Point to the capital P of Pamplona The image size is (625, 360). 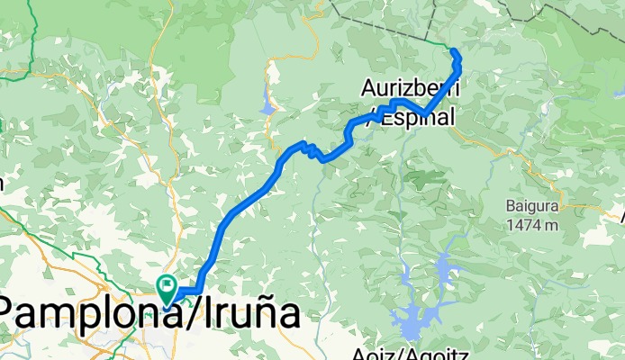(x=14, y=315)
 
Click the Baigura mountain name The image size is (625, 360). (x=532, y=206)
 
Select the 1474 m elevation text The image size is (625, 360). (x=532, y=224)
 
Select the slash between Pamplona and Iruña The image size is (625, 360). (x=187, y=315)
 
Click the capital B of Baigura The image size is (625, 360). (x=511, y=206)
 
